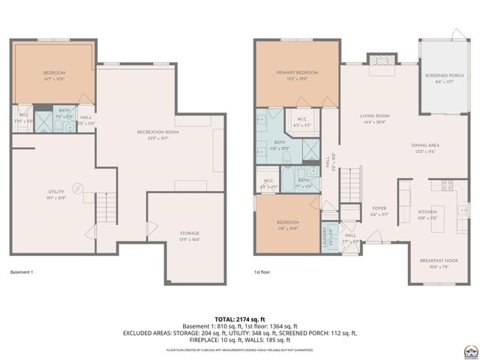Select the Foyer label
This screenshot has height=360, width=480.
(377, 211)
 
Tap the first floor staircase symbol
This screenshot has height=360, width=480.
(350, 184)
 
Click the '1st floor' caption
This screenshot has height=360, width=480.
(262, 272)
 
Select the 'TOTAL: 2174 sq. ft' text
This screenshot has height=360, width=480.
(240, 319)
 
